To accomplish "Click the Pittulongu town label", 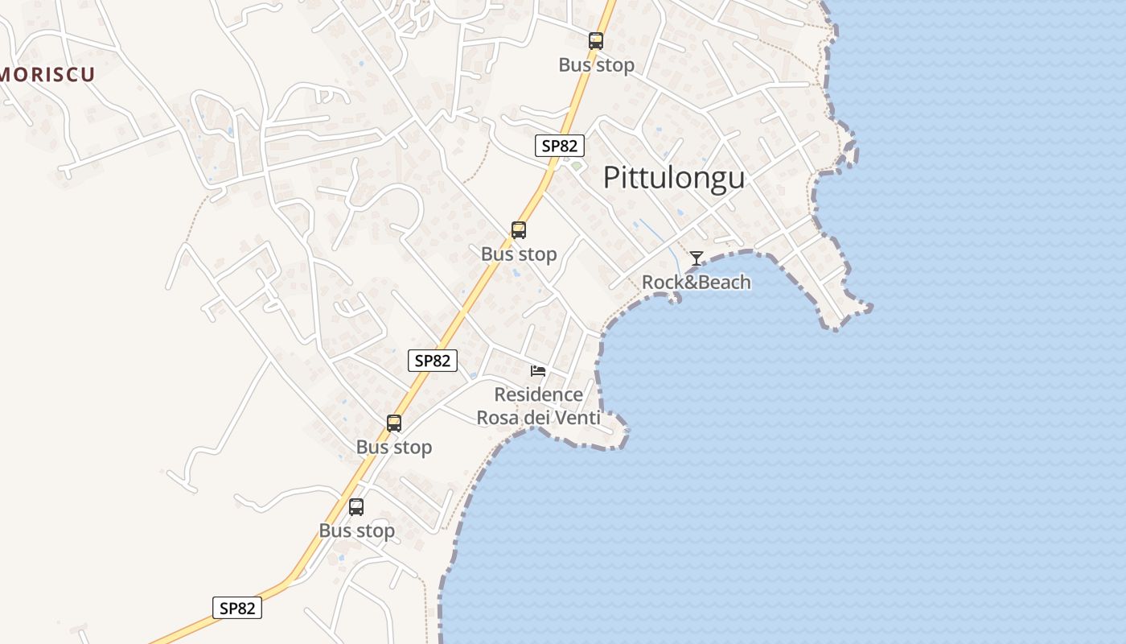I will point(674,178).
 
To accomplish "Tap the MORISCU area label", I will point(47,75).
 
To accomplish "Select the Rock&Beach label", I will point(696,283).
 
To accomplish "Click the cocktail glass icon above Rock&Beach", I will point(697,258).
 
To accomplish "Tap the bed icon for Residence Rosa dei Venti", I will point(538,370).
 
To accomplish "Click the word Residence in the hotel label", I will point(538,394).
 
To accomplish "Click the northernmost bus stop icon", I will point(595,41).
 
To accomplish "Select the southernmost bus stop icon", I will point(356,506).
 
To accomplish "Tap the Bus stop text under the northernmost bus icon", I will point(596,65).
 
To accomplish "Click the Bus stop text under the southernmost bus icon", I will point(356,531).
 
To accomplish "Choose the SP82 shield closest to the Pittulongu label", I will point(559,146).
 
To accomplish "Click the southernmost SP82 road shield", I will point(237,608).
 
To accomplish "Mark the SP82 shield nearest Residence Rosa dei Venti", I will point(433,361).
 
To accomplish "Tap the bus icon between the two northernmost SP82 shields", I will point(519,230).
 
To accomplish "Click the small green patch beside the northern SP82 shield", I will point(576,166).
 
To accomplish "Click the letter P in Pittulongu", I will point(612,178).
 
